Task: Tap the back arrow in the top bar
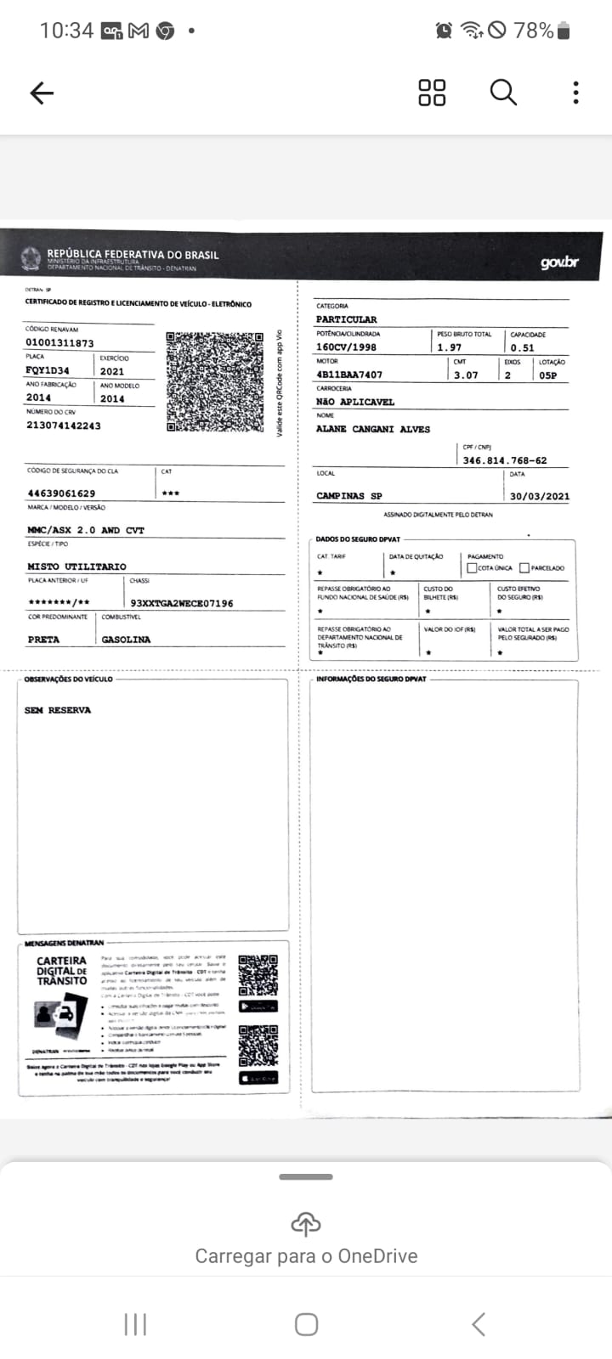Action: (x=42, y=93)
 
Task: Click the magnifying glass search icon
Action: (x=503, y=92)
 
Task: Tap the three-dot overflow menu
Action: (x=575, y=92)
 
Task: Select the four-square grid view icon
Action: (x=432, y=92)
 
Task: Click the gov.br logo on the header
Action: (x=559, y=262)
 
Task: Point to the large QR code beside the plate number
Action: (x=215, y=381)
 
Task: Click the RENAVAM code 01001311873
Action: (x=59, y=343)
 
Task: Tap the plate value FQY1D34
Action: (x=48, y=370)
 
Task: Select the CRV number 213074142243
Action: (x=64, y=426)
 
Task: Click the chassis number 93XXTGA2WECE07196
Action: (x=182, y=603)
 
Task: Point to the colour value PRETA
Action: (x=43, y=640)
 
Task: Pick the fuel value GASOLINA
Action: (x=126, y=640)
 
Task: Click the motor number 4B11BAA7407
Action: (x=349, y=375)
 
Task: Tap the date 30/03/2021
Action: (x=539, y=496)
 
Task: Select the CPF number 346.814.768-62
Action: (x=505, y=460)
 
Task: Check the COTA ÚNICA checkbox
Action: (x=472, y=567)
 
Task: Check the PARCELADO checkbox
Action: (x=524, y=567)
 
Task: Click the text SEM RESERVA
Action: (x=58, y=710)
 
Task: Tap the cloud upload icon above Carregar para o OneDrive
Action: (x=306, y=1224)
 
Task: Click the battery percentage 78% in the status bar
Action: (x=534, y=31)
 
